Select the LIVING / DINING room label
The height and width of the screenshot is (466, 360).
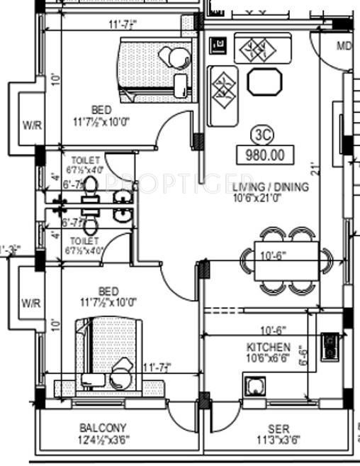[270, 187]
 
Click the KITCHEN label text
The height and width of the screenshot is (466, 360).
[268, 347]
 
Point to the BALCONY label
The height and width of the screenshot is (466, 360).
[103, 428]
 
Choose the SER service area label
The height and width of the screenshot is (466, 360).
[278, 428]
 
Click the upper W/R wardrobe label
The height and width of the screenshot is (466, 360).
[31, 126]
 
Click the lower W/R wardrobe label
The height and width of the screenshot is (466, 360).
[31, 303]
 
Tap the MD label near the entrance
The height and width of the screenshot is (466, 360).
[344, 47]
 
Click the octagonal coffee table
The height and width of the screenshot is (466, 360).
[264, 81]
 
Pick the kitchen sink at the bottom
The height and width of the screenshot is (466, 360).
[253, 387]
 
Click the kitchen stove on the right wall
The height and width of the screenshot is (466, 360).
[329, 347]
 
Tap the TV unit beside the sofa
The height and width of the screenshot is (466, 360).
[219, 47]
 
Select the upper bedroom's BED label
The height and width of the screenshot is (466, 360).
[101, 110]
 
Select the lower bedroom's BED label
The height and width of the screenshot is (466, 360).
[108, 291]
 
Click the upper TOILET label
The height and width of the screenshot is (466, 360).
[86, 160]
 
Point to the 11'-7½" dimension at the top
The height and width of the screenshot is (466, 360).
[122, 25]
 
